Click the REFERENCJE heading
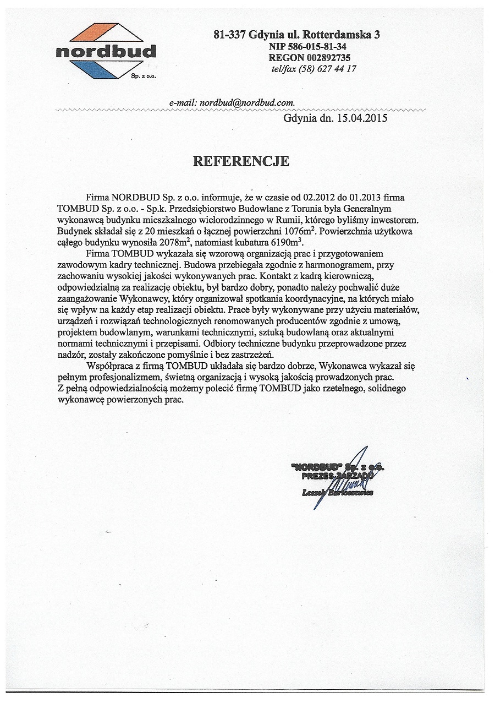click(241, 161)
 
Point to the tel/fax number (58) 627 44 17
click(329, 69)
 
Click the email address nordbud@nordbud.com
click(248, 102)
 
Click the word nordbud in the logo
click(106, 52)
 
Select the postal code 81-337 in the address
click(230, 35)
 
